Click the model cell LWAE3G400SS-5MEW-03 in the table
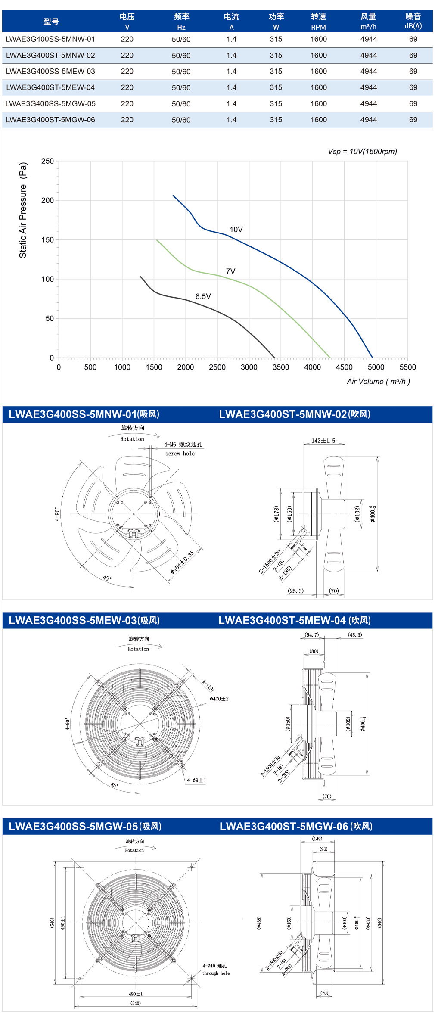(x=50, y=72)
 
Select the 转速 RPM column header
(x=319, y=22)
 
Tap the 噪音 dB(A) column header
(x=413, y=21)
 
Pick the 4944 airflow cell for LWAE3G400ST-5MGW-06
(x=369, y=120)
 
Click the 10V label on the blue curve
(x=236, y=230)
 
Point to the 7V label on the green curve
(x=231, y=271)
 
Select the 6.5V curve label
(x=203, y=296)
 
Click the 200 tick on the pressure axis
(x=47, y=200)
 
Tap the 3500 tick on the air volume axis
(x=281, y=367)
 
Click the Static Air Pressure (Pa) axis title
(x=23, y=210)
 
